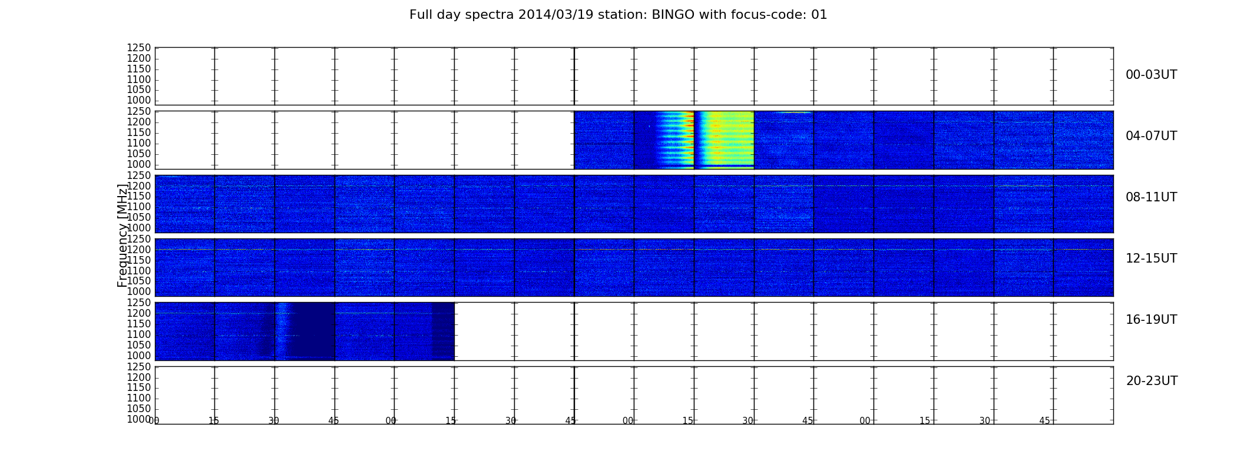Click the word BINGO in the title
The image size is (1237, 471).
[673, 15]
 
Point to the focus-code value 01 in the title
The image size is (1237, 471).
[819, 15]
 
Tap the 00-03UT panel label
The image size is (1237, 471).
[1152, 75]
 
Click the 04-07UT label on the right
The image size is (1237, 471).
[1152, 136]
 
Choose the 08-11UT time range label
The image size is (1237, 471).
[1152, 197]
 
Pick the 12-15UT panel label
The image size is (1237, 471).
[1152, 258]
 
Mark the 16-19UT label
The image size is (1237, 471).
[1152, 320]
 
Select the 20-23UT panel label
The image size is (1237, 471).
[1152, 381]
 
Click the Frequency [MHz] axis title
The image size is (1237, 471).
[123, 235]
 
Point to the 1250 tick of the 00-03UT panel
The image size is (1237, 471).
[139, 48]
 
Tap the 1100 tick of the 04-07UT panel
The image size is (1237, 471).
[139, 143]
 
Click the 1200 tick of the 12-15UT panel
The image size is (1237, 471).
[139, 250]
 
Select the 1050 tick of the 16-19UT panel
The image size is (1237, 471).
[139, 345]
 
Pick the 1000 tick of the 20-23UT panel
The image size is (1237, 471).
[139, 419]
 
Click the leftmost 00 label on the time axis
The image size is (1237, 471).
[154, 421]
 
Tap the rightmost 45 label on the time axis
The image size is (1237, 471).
[1044, 421]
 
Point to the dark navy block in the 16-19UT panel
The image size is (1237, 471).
[312, 331]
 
